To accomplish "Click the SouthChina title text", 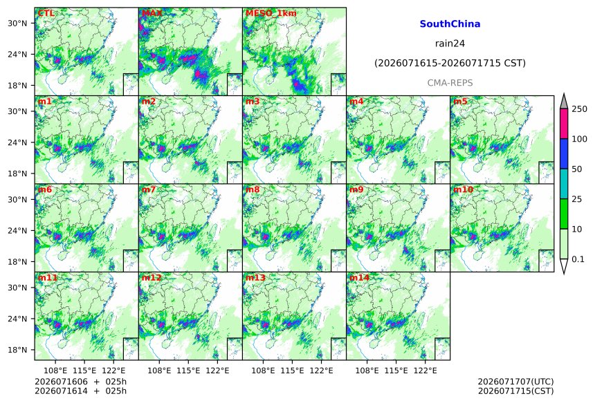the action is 450,24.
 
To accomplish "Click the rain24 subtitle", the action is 450,44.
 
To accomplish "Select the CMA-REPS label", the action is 450,83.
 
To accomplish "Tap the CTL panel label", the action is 46,14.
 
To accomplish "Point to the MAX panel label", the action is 152,14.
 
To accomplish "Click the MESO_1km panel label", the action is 271,14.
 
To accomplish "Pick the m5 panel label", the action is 460,102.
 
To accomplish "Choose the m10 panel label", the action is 463,189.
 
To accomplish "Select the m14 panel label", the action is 359,278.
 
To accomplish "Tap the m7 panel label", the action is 149,189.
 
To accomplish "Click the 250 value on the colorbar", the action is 580,109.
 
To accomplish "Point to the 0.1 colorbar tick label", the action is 578,259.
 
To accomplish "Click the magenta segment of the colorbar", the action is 564,124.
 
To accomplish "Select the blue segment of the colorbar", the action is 564,153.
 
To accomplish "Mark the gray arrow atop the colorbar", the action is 564,101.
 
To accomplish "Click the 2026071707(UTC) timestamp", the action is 515,382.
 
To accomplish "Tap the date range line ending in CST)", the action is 450,63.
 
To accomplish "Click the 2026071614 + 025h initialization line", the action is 80,391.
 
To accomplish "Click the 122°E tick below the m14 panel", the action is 425,370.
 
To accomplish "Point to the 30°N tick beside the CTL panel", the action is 17,23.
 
